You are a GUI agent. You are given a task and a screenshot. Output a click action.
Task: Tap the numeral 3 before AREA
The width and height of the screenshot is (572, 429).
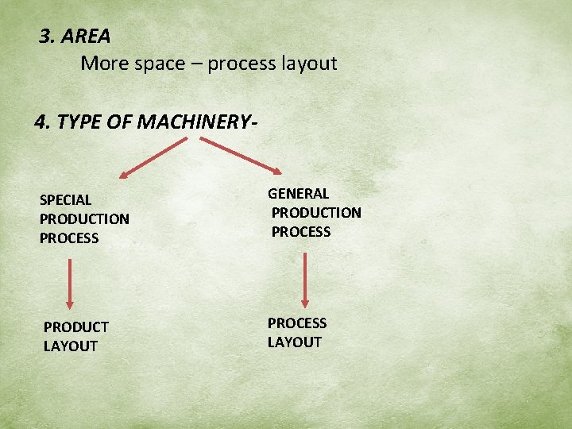(45, 37)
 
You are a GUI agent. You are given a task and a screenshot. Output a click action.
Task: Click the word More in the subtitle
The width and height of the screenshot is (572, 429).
(102, 64)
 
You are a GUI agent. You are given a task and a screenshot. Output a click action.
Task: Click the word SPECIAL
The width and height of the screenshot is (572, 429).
(65, 200)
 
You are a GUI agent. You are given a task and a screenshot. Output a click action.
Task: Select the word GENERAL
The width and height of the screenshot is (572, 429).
(298, 194)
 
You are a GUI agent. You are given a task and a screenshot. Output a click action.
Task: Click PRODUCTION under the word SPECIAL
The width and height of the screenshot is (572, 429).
(84, 219)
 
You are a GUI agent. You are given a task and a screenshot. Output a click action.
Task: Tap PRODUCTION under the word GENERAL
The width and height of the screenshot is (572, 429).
(316, 213)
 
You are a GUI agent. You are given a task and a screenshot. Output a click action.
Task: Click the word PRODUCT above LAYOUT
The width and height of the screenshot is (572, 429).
(76, 327)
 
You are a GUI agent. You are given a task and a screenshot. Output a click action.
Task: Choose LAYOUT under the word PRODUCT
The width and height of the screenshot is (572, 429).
(71, 346)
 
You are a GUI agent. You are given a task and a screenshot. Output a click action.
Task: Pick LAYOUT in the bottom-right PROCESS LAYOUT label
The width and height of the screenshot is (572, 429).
(295, 342)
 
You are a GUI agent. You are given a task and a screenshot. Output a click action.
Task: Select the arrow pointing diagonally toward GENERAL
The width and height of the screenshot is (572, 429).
(240, 156)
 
